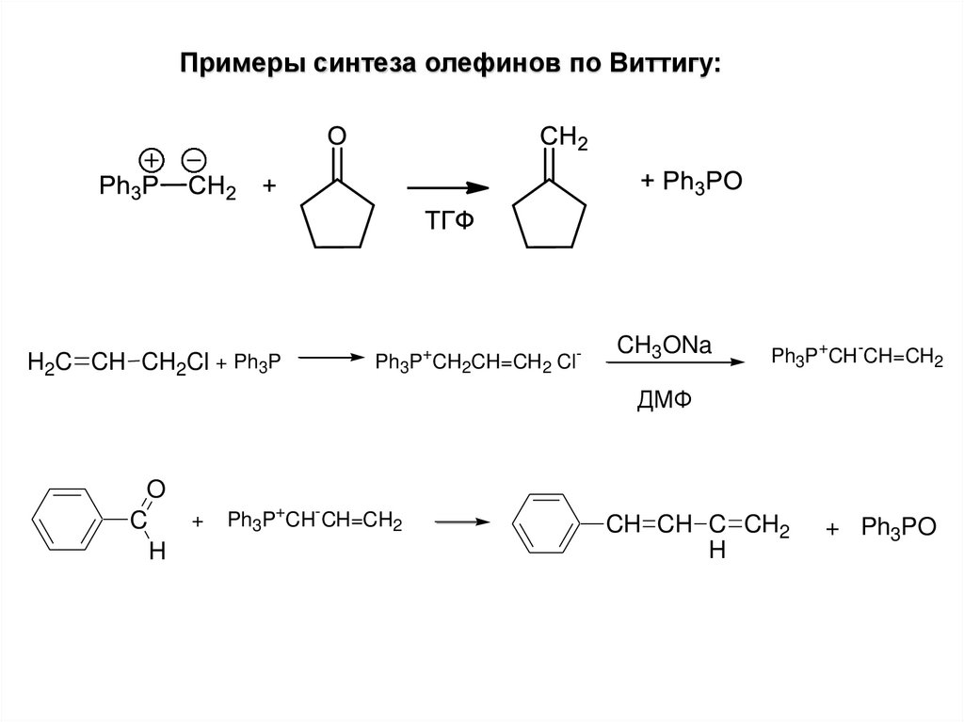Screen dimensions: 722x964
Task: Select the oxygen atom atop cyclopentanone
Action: point(337,136)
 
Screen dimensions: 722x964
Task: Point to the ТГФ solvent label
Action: point(448,221)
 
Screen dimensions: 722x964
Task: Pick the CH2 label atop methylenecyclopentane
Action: point(563,138)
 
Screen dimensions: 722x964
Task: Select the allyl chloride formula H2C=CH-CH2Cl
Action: point(118,361)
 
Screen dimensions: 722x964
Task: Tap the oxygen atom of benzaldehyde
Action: point(156,489)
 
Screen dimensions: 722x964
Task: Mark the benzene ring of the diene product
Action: point(552,523)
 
